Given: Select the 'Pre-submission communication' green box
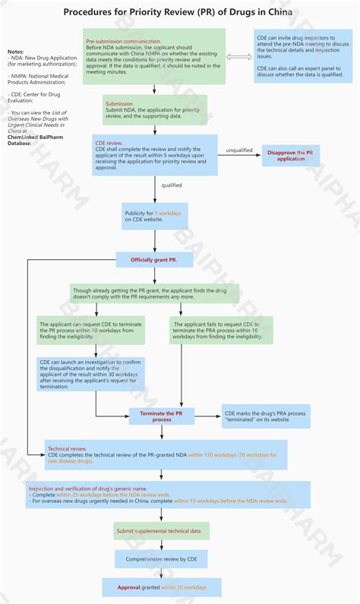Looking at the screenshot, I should click(154, 56).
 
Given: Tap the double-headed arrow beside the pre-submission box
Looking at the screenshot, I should click(238, 56).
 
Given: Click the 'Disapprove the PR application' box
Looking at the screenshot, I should click(292, 155).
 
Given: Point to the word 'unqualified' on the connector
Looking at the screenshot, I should click(239, 150).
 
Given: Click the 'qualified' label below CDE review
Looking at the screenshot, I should click(172, 185).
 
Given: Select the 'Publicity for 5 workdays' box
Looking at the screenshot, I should click(154, 218).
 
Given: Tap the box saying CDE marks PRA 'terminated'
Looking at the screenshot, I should click(264, 416).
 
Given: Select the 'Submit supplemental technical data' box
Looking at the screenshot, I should click(162, 530).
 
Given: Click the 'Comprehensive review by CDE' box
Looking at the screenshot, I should click(162, 559).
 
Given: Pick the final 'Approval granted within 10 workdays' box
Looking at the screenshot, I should click(162, 587).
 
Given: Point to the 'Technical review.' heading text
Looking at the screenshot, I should click(68, 448).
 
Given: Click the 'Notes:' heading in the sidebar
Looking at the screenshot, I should click(16, 51).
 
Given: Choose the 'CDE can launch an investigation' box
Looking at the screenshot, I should click(91, 374).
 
